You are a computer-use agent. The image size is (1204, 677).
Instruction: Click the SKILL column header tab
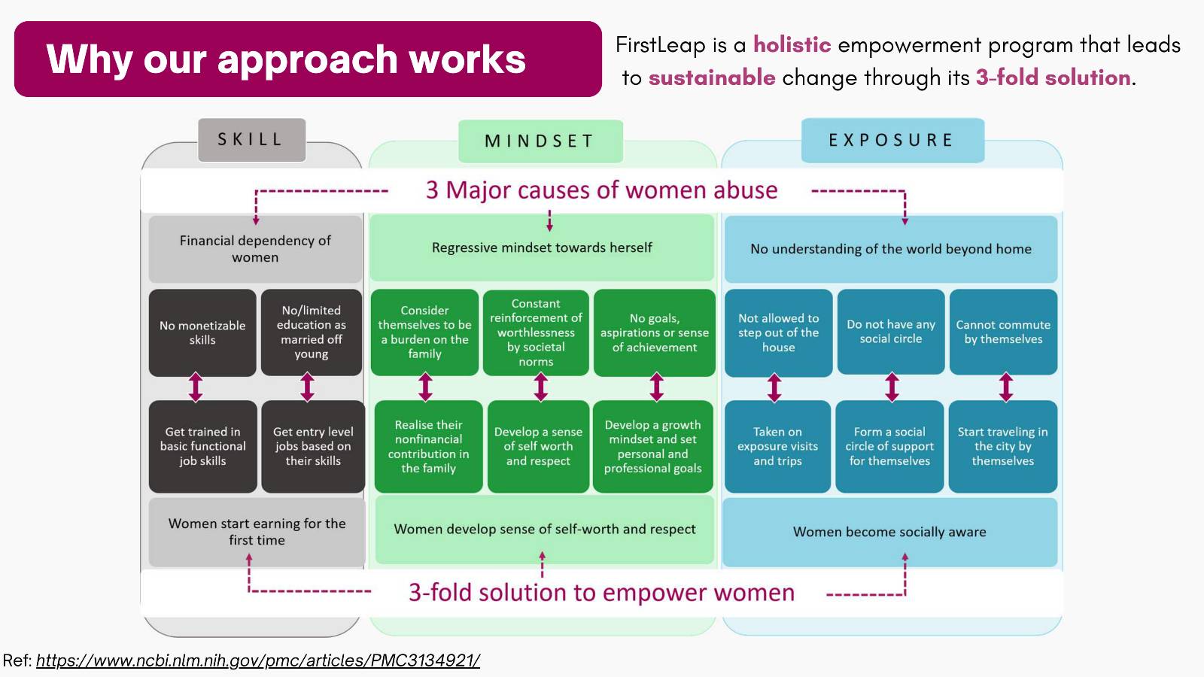pos(251,140)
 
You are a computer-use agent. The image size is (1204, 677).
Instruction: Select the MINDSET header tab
pos(540,141)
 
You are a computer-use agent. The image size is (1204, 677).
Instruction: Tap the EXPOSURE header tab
pos(892,140)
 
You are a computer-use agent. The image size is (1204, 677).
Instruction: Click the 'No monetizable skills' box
pos(202,332)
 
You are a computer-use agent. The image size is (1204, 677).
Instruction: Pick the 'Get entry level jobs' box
pos(313,446)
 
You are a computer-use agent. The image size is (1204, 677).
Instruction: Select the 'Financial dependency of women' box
pos(255,249)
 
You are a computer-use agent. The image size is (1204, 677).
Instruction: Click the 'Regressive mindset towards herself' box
pos(542,247)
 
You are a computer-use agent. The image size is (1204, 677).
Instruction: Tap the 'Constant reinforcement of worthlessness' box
pos(536,332)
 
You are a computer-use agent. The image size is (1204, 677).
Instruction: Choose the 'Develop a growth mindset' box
pos(652,446)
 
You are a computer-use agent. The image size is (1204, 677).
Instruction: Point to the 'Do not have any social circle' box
pos(891,332)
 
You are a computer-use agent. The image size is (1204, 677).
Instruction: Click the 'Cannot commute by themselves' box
pos(1003,332)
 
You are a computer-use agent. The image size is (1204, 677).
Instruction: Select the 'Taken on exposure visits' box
pos(777,446)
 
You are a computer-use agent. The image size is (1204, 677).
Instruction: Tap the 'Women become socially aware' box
pos(889,532)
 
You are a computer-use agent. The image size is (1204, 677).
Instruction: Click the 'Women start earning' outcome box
pos(257,532)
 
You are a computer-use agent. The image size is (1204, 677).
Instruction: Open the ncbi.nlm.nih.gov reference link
pos(258,660)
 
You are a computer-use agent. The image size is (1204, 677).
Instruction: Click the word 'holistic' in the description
pos(792,44)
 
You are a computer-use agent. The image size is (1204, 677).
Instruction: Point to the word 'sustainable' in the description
pos(712,78)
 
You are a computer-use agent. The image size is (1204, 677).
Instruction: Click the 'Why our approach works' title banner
pos(308,59)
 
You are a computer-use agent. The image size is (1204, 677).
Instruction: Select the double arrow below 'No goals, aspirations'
pos(656,387)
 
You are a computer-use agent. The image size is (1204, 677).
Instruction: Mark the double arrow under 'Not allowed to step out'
pos(774,388)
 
